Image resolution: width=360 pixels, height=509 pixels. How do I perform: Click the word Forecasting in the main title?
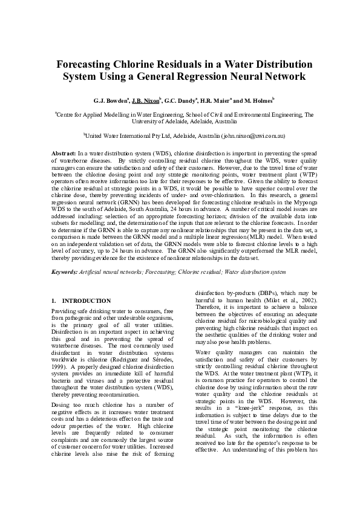90,63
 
